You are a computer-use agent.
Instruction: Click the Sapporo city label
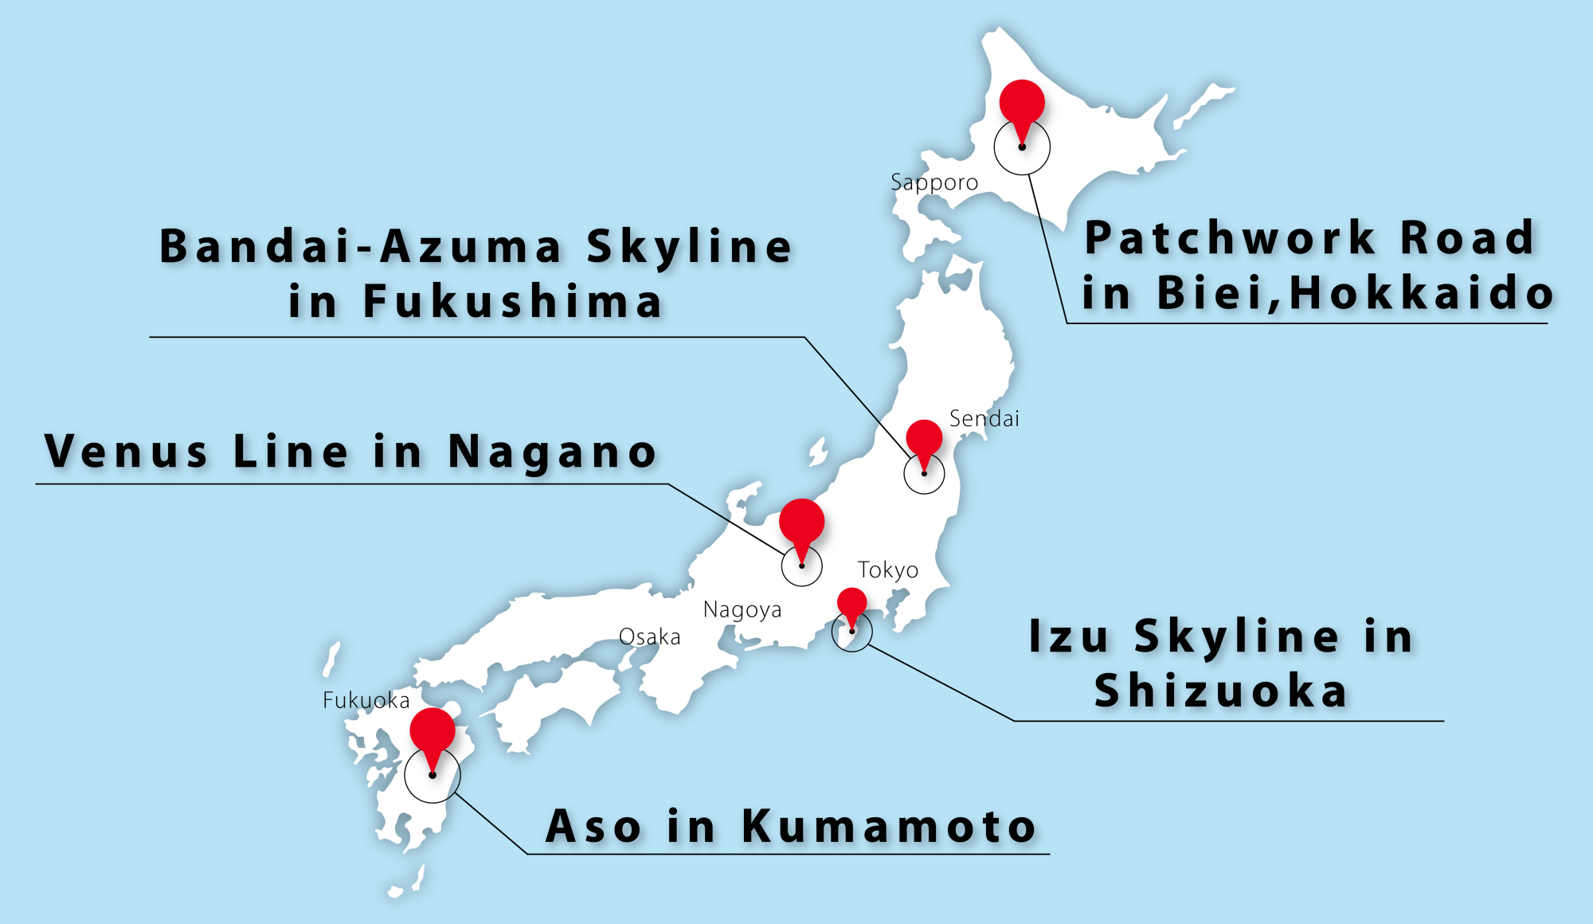pos(934,182)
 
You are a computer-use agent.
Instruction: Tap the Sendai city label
pos(984,418)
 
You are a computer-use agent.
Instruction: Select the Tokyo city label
pos(887,570)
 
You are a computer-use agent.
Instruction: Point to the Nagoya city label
pos(742,610)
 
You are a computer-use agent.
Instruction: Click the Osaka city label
pos(649,637)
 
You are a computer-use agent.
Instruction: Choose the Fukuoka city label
pos(366,700)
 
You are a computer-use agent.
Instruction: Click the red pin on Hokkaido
pos(1022,104)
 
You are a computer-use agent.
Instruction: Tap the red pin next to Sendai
pos(924,439)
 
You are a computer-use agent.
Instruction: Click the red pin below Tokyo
pos(851,603)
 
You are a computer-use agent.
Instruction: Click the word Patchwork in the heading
pos(1231,237)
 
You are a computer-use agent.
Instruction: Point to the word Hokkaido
pos(1421,292)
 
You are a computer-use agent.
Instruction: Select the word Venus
pos(127,452)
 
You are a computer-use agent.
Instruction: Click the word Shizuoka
pos(1220,690)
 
